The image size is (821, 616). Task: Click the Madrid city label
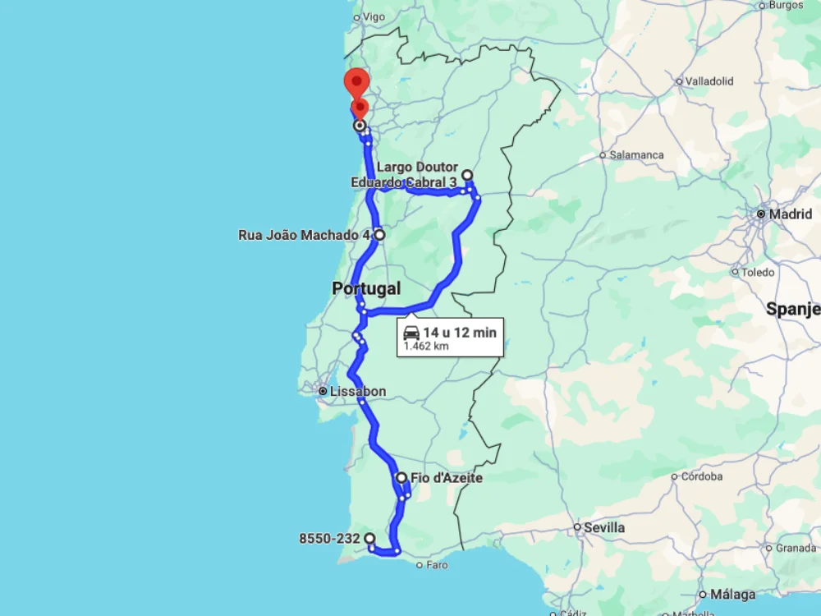791,214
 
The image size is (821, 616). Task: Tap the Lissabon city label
357,392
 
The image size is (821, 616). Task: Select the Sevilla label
603,527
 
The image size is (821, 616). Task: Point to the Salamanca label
636,154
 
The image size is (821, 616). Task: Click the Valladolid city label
709,81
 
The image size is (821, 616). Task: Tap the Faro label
437,565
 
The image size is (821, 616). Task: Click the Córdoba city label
701,476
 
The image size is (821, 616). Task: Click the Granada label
796,548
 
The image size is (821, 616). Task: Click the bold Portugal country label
366,288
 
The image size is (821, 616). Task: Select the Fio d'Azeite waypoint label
446,478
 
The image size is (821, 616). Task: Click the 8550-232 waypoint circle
370,539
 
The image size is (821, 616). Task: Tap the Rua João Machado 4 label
304,235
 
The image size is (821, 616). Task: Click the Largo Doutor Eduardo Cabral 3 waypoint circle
467,175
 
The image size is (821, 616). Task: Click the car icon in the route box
411,333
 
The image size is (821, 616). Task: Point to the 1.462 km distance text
425,347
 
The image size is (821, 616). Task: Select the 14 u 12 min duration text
460,333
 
